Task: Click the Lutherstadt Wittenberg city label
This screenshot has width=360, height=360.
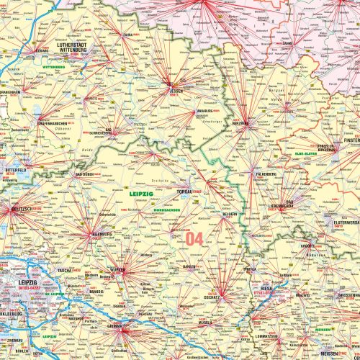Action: pyautogui.click(x=74, y=48)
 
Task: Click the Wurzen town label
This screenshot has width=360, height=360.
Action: pyautogui.click(x=117, y=270)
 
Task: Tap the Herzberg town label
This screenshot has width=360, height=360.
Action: pyautogui.click(x=240, y=123)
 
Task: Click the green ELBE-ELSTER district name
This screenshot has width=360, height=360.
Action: pyautogui.click(x=309, y=153)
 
